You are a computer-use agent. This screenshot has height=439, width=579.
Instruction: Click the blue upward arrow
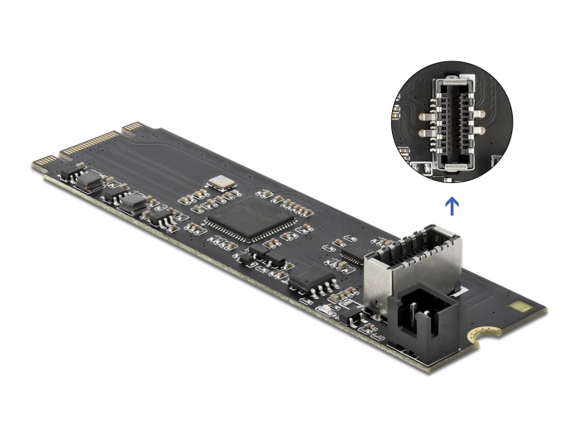coord(451,204)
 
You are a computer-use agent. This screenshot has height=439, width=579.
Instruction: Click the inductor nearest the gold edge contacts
coord(89,181)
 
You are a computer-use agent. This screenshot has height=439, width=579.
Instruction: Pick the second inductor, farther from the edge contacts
coord(132,203)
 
